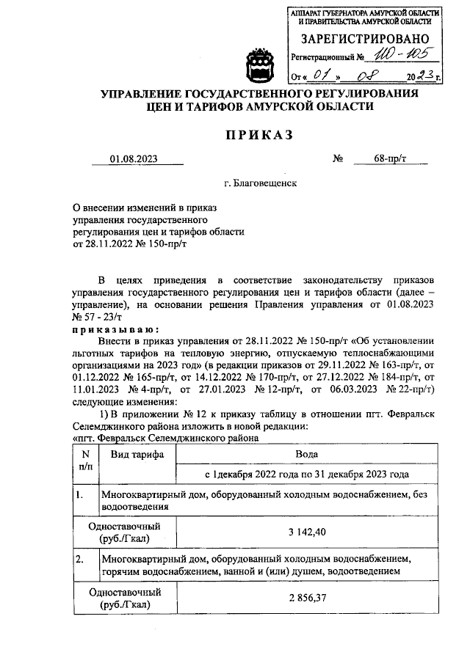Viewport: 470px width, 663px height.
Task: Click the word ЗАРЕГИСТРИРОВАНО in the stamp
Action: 364,37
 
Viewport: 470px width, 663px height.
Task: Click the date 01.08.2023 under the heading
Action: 134,158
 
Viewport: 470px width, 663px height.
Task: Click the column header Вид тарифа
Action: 137,455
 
